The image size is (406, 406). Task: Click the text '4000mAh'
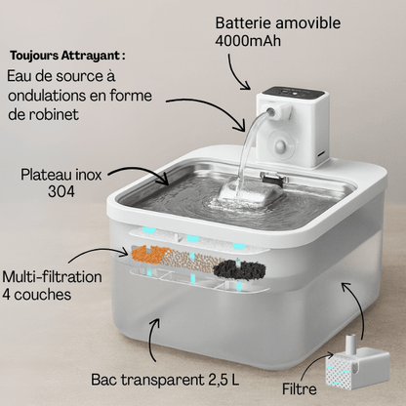[248, 41]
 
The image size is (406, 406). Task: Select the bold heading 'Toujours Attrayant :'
[67, 56]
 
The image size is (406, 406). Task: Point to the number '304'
[61, 191]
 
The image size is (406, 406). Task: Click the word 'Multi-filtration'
[52, 277]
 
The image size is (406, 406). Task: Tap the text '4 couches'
[36, 295]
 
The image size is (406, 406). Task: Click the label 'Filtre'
[299, 389]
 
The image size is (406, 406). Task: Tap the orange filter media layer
[151, 255]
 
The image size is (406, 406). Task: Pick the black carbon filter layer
[239, 269]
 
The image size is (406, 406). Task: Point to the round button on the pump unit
[282, 145]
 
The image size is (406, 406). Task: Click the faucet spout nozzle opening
[270, 112]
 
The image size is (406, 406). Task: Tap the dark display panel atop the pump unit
[293, 93]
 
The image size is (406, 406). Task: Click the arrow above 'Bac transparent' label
[152, 339]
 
